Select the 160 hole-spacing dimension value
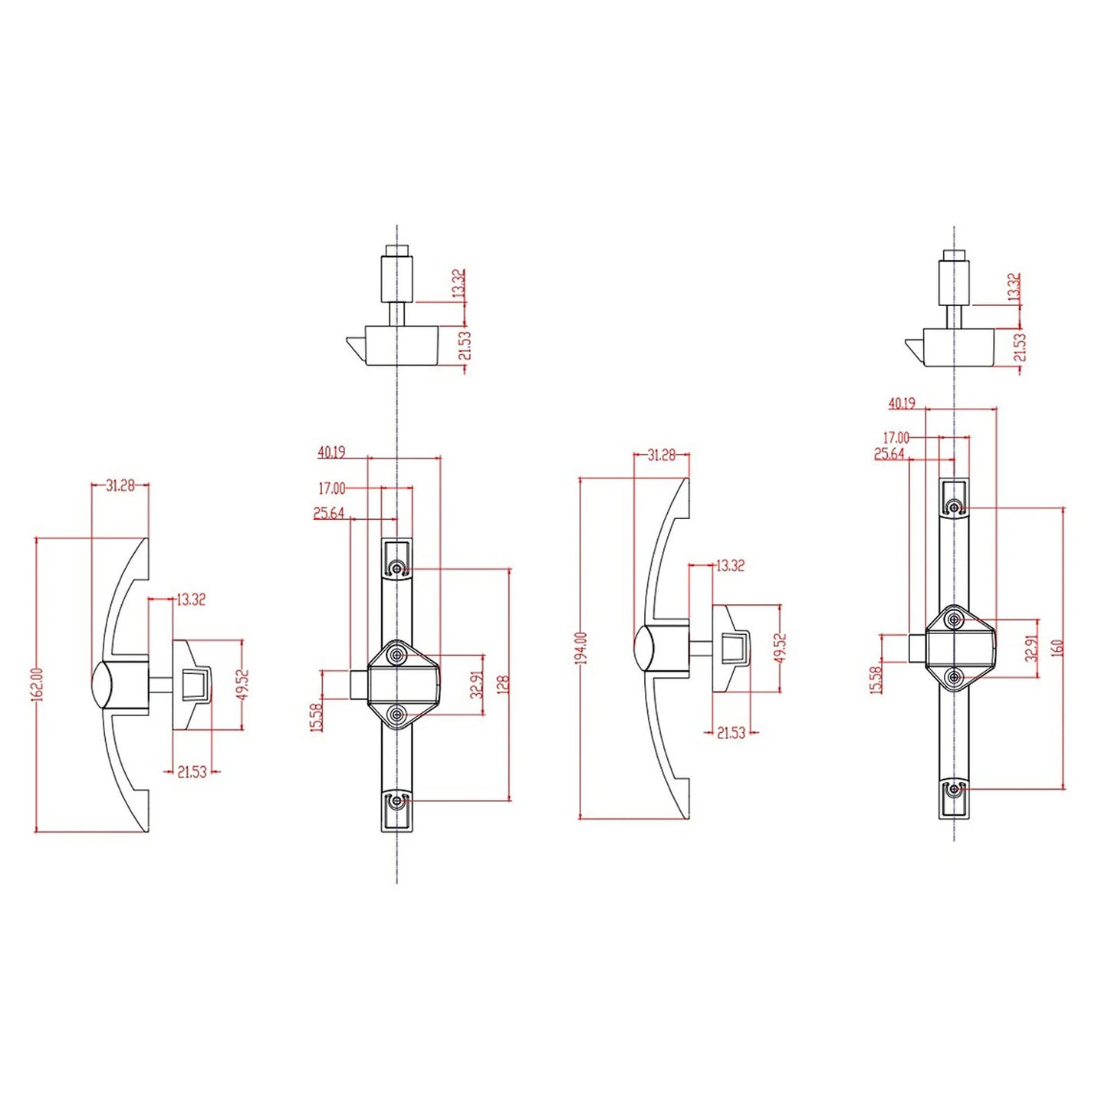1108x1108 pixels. coord(1059,647)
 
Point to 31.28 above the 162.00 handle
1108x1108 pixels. coord(120,486)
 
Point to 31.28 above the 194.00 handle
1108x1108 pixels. coord(661,455)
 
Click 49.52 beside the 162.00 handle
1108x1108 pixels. coord(245,684)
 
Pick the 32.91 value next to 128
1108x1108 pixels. coord(475,684)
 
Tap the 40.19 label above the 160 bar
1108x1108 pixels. coord(903,403)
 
